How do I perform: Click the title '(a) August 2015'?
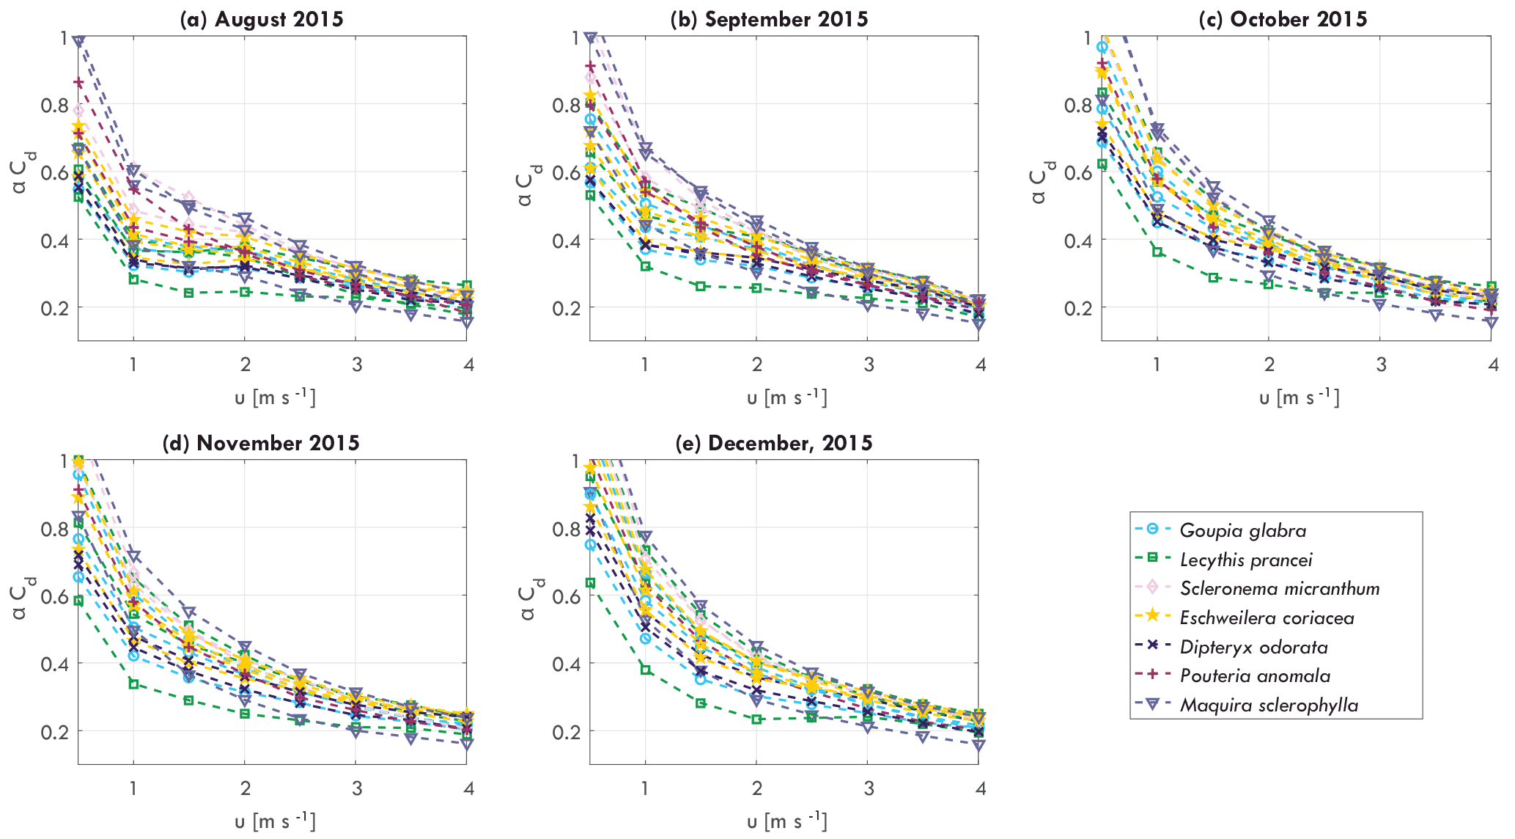point(262,19)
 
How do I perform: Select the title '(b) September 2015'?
point(769,19)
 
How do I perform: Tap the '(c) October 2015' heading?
point(1283,19)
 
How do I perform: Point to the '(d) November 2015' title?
point(262,443)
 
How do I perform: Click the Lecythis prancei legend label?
point(1245,560)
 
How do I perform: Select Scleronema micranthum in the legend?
point(1279,588)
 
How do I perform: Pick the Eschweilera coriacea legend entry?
point(1267,618)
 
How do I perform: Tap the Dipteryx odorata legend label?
point(1253,647)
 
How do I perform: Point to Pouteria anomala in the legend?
point(1255,675)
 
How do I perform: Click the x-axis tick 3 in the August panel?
point(356,364)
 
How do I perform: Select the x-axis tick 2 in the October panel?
point(1269,364)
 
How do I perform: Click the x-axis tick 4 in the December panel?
point(980,788)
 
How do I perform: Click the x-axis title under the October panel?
point(1299,397)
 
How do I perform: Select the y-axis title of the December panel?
point(533,598)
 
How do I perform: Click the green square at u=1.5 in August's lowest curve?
point(188,293)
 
